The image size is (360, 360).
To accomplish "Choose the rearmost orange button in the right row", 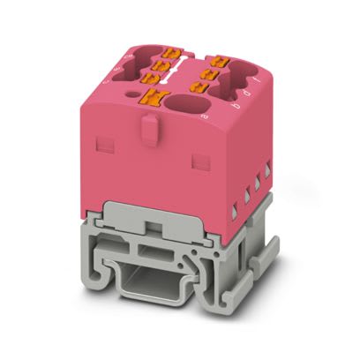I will (214, 60).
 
